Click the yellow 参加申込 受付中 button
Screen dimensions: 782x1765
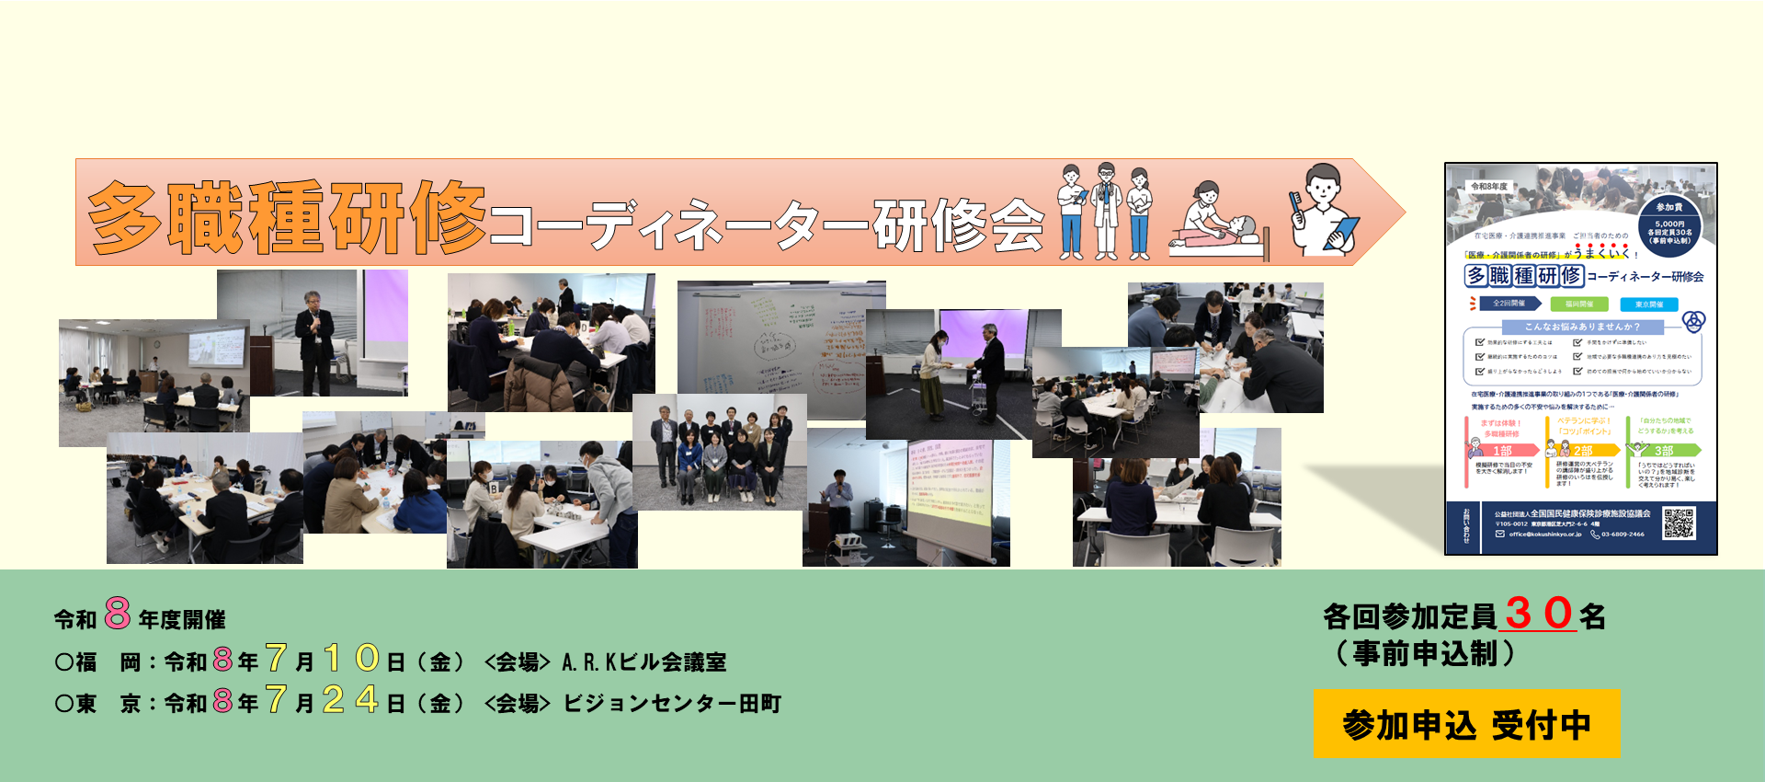[1466, 724]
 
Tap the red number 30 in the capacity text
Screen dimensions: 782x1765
[1540, 614]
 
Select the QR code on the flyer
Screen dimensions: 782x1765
[1679, 523]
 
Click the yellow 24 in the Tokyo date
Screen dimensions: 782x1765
[350, 701]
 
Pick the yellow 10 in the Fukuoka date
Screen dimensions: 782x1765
[351, 659]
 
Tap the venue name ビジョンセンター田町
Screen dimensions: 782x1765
[672, 704]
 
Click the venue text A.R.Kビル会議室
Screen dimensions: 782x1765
[643, 662]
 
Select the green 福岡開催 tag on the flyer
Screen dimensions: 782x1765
[1579, 304]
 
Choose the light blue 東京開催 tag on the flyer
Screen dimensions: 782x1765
[1649, 304]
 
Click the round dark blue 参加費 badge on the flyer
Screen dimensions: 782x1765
[1669, 224]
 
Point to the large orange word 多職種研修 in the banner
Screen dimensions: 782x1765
[286, 217]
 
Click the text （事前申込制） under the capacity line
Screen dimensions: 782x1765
[1425, 654]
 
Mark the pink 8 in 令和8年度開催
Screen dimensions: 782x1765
[118, 613]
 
